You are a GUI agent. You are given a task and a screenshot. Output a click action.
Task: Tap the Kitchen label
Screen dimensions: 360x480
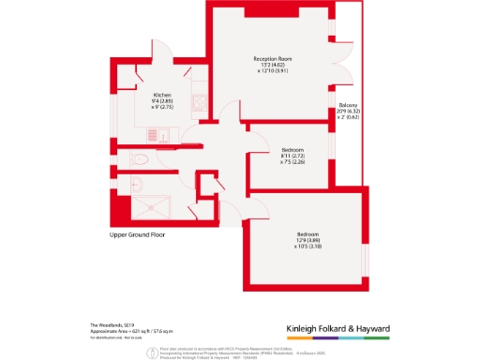[162, 95]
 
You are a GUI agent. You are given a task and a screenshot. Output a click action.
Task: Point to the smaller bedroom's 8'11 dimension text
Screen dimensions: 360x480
[292, 156]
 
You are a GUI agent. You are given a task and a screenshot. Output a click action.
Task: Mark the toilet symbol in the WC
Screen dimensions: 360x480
[137, 158]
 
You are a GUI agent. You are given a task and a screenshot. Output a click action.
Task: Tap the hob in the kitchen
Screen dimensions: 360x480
[198, 104]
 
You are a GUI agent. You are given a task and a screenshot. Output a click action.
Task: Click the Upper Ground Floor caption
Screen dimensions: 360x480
[137, 234]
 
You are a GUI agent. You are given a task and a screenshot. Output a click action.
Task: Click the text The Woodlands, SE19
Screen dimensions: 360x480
[97, 324]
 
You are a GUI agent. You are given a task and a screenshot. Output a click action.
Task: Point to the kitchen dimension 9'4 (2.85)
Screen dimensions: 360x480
[162, 101]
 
